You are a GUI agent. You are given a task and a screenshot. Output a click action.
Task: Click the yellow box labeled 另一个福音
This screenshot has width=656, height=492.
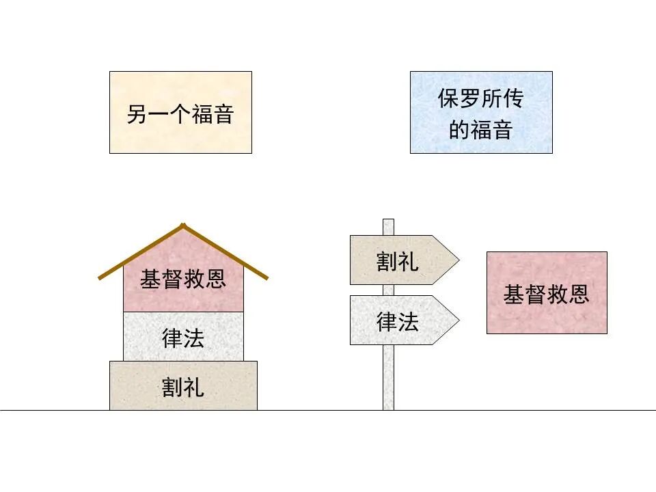point(180,112)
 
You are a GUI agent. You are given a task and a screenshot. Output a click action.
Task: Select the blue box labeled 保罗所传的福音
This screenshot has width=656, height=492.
point(481,112)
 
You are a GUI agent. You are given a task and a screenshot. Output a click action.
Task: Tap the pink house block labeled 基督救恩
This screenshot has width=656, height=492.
point(183,287)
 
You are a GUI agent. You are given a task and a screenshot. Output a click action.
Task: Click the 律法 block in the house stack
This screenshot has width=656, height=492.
point(183,336)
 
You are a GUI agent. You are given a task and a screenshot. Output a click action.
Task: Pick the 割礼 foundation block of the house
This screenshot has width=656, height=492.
point(183,386)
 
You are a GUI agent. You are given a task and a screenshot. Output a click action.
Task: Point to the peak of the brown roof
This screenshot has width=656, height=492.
point(182,225)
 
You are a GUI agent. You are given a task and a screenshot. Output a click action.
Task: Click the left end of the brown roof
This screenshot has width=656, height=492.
point(100,277)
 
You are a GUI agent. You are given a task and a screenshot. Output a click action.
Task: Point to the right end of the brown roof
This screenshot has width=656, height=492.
point(265,277)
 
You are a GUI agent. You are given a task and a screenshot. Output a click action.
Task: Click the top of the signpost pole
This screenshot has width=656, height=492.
point(388,221)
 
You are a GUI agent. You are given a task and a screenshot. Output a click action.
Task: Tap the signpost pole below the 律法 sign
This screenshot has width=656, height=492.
point(388,376)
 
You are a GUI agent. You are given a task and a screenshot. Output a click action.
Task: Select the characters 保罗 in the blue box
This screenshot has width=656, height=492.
point(459,99)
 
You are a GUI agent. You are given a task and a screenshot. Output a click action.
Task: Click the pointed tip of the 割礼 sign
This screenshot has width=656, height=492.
point(458,260)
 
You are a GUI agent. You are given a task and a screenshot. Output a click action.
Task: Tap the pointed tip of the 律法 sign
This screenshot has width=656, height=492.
point(458,320)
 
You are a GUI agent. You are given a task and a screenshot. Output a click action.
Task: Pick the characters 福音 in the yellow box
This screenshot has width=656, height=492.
point(213,113)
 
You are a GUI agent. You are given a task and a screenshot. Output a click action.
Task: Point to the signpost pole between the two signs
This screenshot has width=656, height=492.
point(388,290)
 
